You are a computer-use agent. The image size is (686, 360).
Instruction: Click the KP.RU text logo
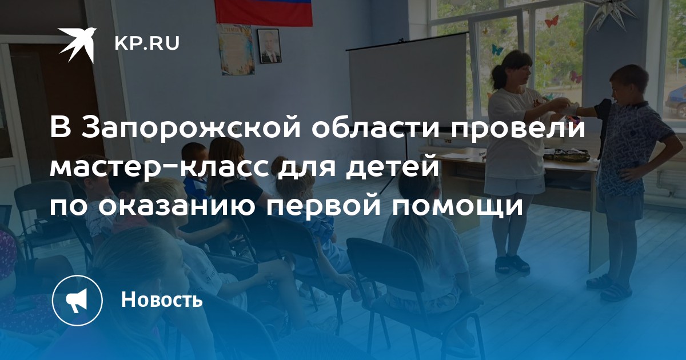click(147, 43)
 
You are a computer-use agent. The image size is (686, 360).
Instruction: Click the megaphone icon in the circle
click(77, 300)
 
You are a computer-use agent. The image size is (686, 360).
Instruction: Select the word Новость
click(162, 299)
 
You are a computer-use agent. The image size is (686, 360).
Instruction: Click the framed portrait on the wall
click(269, 46)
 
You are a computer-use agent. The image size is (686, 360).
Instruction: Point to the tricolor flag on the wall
click(264, 12)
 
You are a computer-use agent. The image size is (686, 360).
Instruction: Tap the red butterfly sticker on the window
click(552, 22)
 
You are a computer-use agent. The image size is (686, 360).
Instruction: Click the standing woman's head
click(515, 69)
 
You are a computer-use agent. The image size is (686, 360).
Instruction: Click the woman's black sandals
click(512, 263)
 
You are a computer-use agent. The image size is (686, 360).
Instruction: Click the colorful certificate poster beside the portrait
click(236, 49)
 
